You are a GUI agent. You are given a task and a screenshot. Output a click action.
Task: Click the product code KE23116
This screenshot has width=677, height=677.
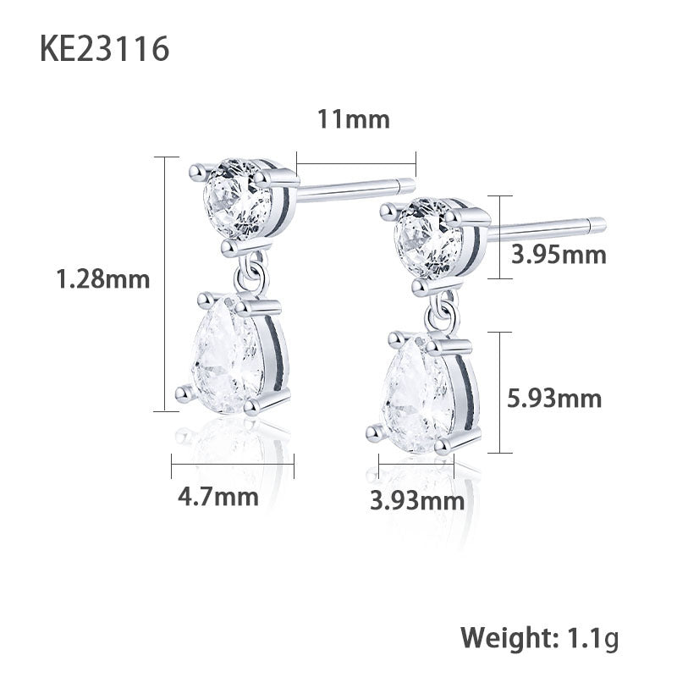pyautogui.click(x=104, y=50)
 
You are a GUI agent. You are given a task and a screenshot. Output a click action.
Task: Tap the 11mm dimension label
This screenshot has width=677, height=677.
pyautogui.click(x=353, y=119)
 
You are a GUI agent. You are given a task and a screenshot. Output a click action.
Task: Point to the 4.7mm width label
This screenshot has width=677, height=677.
pyautogui.click(x=217, y=496)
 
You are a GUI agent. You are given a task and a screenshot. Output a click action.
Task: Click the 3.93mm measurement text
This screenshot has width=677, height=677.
pyautogui.click(x=417, y=501)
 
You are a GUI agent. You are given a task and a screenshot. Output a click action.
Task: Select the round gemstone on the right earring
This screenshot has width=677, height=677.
pyautogui.click(x=430, y=238)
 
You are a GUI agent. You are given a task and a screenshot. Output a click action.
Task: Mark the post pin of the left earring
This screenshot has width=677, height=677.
pyautogui.click(x=355, y=190)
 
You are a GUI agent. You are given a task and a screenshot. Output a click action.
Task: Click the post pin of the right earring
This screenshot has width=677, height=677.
pyautogui.click(x=550, y=227)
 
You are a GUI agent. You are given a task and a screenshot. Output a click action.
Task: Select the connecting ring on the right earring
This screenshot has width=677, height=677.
pyautogui.click(x=441, y=311)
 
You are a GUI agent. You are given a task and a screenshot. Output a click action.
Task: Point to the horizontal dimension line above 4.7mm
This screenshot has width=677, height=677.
pyautogui.click(x=232, y=464)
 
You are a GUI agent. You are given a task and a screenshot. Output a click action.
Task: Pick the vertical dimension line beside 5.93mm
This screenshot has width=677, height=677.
pyautogui.click(x=502, y=392)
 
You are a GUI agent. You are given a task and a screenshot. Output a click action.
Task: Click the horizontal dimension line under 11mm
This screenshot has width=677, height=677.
pyautogui.click(x=356, y=164)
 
